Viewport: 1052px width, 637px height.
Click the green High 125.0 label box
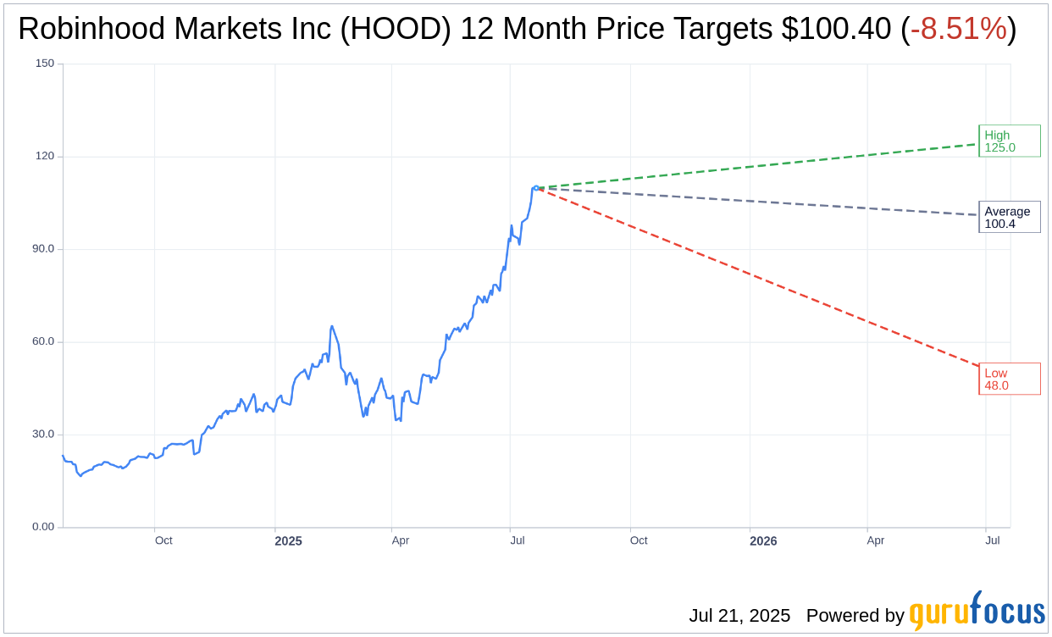tap(1009, 141)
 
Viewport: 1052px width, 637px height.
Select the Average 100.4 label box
tap(1009, 217)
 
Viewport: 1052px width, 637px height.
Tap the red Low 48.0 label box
tap(1009, 379)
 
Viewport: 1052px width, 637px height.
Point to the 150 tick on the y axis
tap(45, 64)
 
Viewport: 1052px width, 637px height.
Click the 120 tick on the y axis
tap(45, 156)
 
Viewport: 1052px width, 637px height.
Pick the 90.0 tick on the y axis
tap(43, 249)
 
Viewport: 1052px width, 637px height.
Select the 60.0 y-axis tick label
tap(43, 341)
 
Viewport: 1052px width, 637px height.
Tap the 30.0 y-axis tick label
tap(43, 434)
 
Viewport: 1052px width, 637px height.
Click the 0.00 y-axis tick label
tap(43, 527)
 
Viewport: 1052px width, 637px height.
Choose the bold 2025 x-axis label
tap(288, 540)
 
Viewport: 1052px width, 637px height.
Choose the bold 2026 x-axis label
tap(763, 540)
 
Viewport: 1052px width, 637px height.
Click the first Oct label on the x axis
tap(163, 540)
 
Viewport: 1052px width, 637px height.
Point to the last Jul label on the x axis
tap(993, 540)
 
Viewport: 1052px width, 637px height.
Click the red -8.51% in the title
tap(958, 29)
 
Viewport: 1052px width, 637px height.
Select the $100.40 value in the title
tap(836, 29)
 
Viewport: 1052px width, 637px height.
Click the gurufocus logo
tap(977, 612)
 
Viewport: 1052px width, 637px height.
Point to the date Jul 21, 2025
tap(739, 616)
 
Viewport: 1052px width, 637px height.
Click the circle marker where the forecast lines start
tap(536, 188)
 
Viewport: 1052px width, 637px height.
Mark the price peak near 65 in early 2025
tap(331, 326)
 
